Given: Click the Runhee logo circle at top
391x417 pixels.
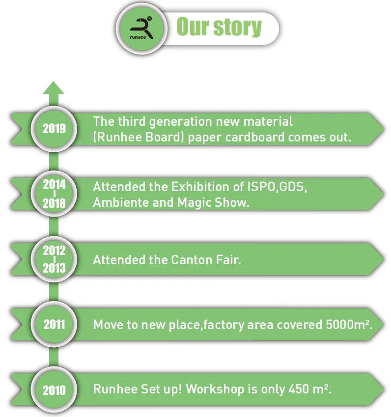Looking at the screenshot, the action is point(142,28).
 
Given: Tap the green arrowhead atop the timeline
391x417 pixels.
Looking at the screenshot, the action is point(54,89).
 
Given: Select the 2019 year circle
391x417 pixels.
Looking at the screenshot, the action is point(54,129).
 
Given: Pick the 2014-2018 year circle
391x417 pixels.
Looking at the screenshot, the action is point(54,194).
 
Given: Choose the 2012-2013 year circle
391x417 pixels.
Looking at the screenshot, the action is point(54,259).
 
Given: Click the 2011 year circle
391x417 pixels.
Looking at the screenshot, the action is point(54,324).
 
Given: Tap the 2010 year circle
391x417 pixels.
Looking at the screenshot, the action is point(54,389).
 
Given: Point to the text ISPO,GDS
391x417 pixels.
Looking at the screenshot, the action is point(279,187).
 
